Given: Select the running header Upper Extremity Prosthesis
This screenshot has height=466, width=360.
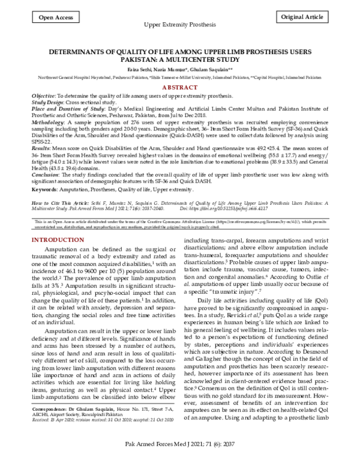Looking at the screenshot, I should point(179,28).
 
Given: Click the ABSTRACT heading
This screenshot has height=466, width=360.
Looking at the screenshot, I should point(179,87).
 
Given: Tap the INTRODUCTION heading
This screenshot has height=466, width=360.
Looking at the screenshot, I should point(58,207).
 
